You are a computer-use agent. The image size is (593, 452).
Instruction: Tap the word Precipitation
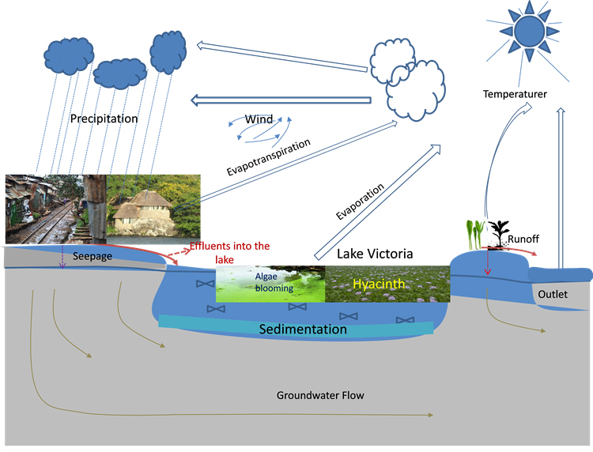(104, 119)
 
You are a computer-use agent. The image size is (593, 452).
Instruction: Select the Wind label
(259, 120)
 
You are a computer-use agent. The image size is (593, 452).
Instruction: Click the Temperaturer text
(515, 95)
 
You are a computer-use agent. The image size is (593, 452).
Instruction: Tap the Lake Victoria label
(374, 254)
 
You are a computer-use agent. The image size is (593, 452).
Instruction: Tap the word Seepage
(93, 257)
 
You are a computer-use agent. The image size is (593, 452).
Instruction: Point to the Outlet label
(553, 294)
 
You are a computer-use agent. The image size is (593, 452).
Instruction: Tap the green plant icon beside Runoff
(474, 232)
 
